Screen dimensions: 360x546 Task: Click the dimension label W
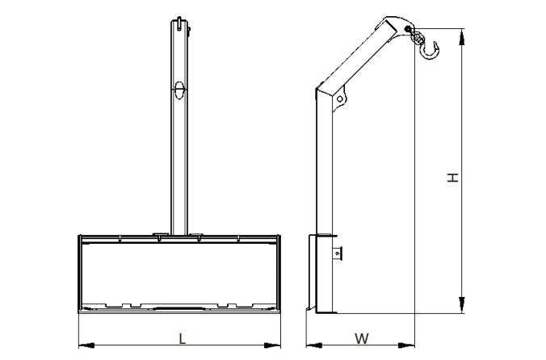(x=362, y=337)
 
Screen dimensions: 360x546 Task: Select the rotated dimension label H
(x=454, y=176)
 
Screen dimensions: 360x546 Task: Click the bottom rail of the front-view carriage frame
(x=179, y=310)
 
